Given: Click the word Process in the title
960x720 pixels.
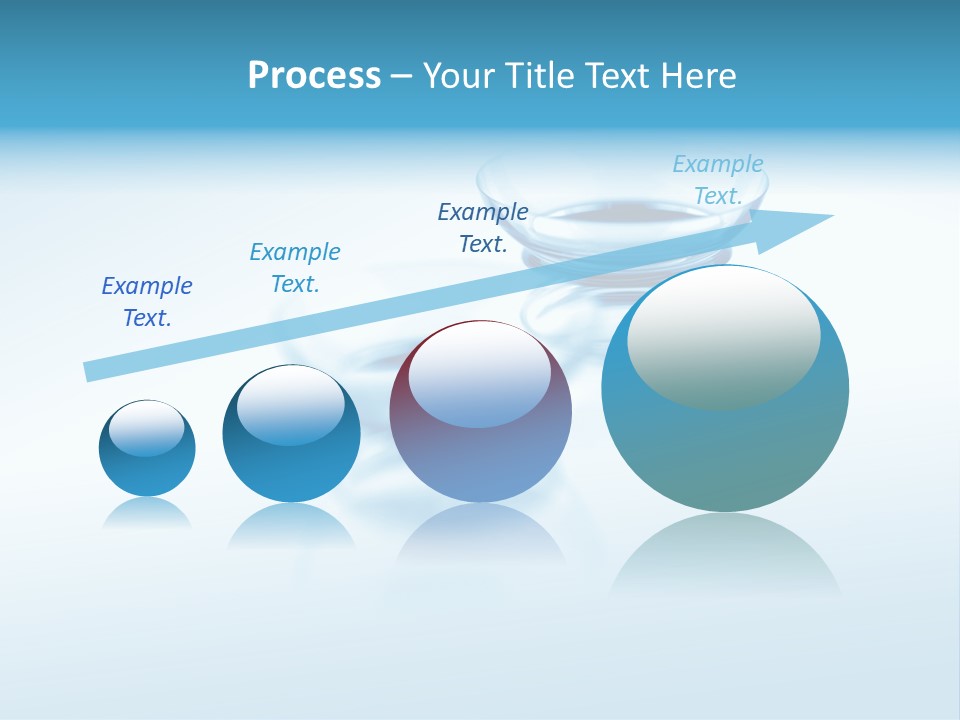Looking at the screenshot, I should click(314, 76).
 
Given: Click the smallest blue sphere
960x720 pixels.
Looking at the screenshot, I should click(147, 470).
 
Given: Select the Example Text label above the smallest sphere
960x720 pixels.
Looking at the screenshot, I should click(147, 302).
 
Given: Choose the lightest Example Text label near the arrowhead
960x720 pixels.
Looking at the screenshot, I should click(718, 180).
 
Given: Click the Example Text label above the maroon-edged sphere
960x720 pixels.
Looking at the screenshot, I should click(483, 228).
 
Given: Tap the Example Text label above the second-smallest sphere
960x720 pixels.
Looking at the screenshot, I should click(295, 268).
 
